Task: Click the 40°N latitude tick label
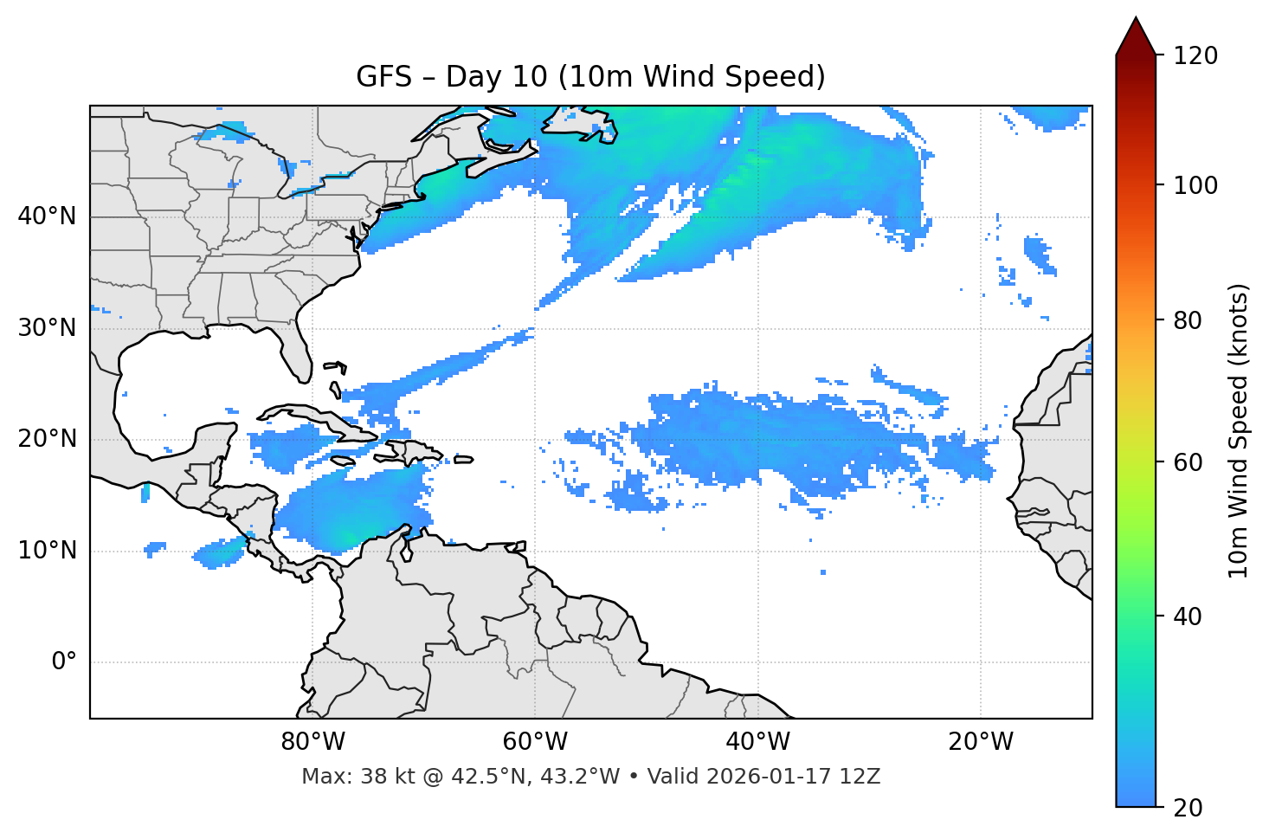click(x=47, y=216)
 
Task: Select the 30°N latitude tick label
click(x=47, y=328)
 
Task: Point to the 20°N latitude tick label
click(x=47, y=439)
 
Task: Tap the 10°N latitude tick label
click(x=47, y=551)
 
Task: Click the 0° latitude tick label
click(x=64, y=662)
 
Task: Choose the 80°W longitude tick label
click(x=312, y=742)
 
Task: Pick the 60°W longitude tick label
click(x=535, y=742)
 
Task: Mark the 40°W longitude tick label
click(x=757, y=742)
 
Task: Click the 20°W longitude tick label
click(x=981, y=742)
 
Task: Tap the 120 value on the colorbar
click(x=1195, y=56)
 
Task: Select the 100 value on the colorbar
click(x=1195, y=185)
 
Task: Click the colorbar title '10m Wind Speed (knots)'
click(x=1239, y=430)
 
